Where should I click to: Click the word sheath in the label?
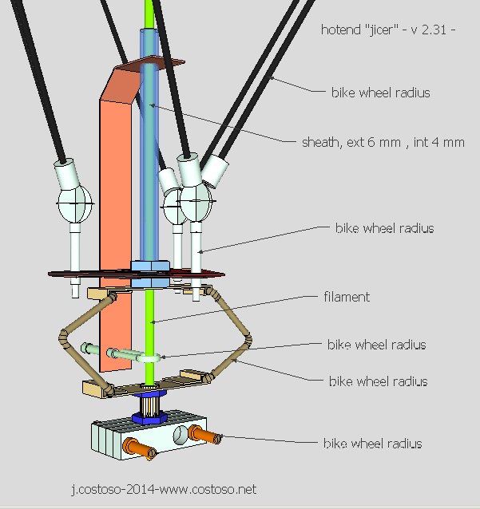pyautogui.click(x=319, y=143)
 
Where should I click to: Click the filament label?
pyautogui.click(x=347, y=297)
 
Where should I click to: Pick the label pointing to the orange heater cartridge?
pyautogui.click(x=372, y=443)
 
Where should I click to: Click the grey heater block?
pyautogui.click(x=152, y=438)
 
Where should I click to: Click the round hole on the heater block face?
pyautogui.click(x=183, y=434)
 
